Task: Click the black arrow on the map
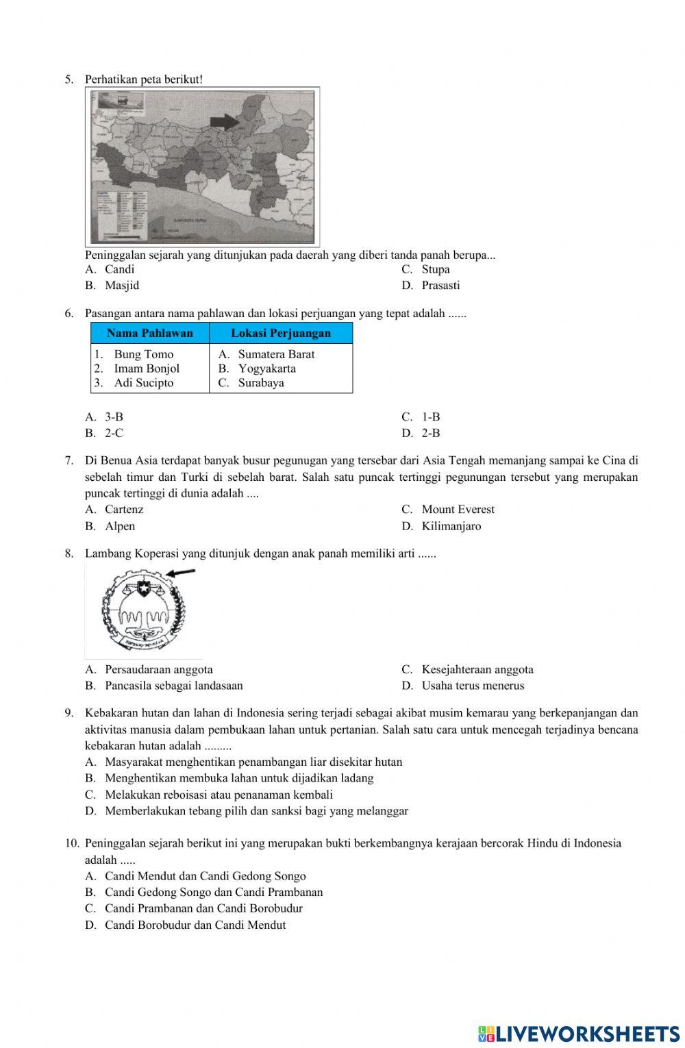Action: pos(224,122)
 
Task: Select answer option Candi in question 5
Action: pos(119,269)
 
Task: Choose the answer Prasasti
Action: pos(440,286)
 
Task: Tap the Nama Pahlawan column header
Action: pos(150,334)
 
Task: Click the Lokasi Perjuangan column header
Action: pos(281,334)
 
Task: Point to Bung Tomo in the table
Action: pos(143,354)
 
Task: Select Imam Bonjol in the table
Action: pos(147,369)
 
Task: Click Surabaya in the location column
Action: pos(261,383)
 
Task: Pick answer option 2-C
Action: pos(114,433)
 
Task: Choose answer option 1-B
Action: pos(430,416)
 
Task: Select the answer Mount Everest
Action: pos(458,510)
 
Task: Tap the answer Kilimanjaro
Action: pos(451,526)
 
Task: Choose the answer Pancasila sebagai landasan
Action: pos(173,686)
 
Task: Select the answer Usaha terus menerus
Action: pos(473,686)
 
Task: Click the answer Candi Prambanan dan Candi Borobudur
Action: pos(203,908)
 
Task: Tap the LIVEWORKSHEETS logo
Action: pos(579,1033)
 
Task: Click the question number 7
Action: pos(68,461)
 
